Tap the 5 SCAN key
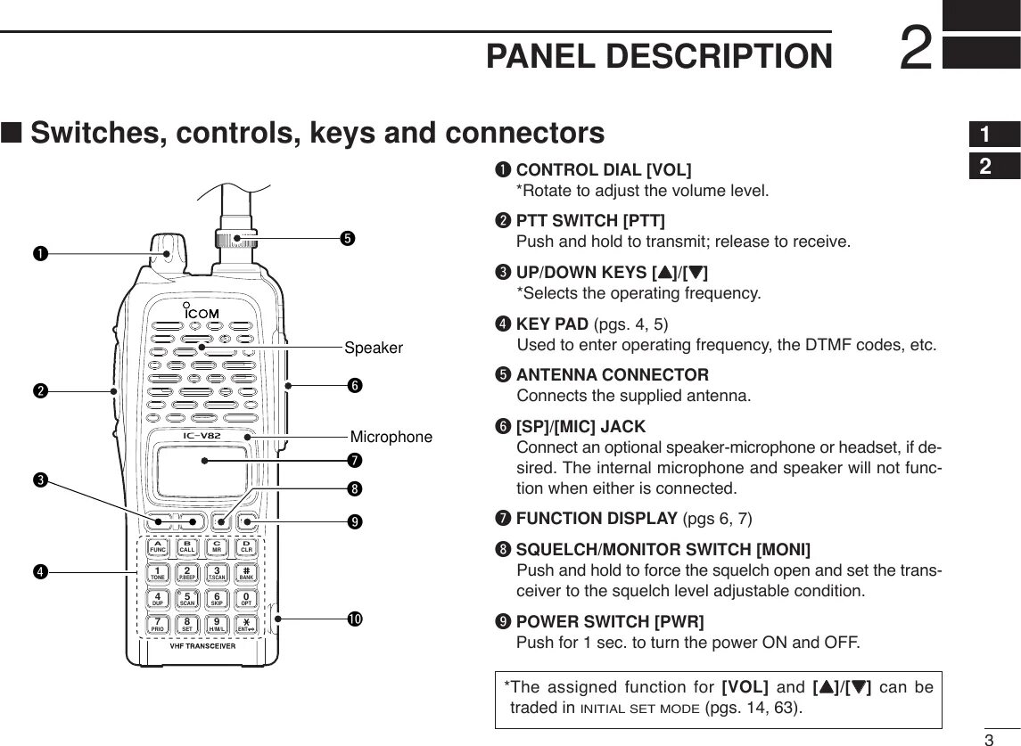[187, 598]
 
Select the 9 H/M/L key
[217, 624]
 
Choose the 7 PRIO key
[158, 624]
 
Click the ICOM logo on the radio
[202, 312]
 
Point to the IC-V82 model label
[202, 436]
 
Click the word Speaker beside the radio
[374, 348]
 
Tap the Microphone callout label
[391, 437]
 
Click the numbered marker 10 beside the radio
[354, 618]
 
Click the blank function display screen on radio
[201, 471]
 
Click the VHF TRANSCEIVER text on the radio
[202, 646]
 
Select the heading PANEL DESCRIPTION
[659, 57]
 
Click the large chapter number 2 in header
[916, 49]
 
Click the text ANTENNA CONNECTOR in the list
[613, 374]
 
